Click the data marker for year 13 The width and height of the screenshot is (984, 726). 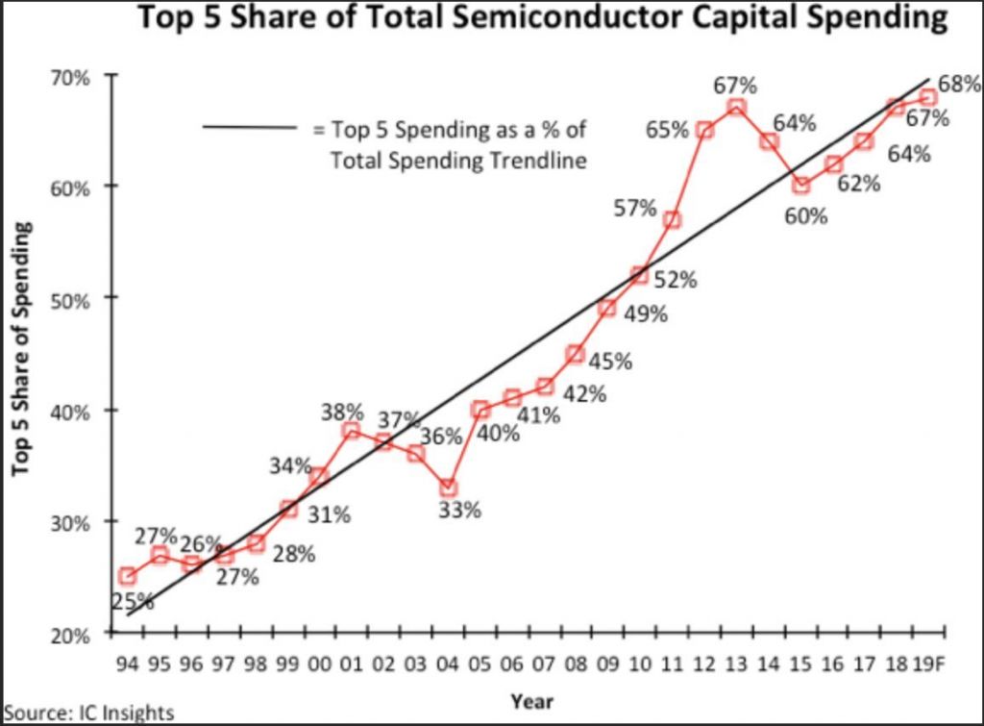click(736, 107)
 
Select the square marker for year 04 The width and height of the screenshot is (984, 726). click(448, 488)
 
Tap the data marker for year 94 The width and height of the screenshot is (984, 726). click(127, 576)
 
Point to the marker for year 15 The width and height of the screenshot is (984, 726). click(800, 186)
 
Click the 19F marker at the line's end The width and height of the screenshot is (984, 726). click(928, 97)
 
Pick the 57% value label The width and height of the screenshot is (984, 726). click(635, 208)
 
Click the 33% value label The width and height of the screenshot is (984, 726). click(459, 511)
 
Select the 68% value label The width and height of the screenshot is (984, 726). click(958, 85)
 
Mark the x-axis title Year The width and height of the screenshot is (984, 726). click(531, 700)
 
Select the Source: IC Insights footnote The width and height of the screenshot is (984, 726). click(87, 713)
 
